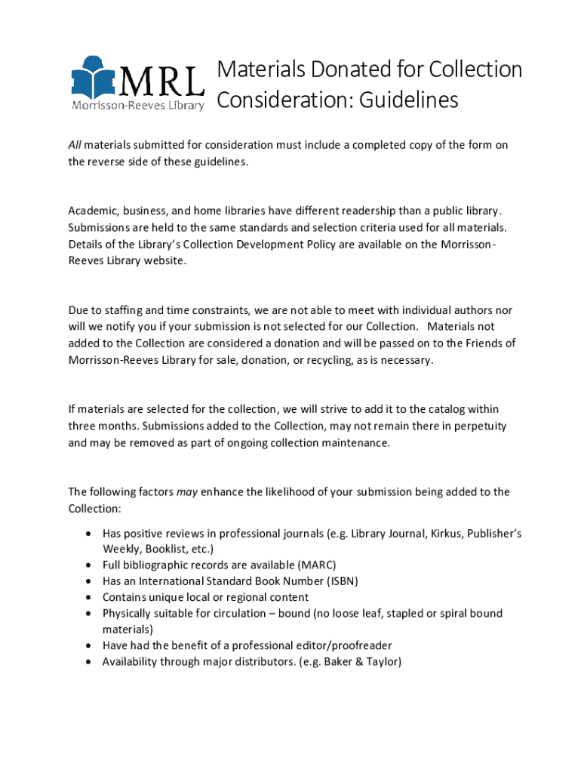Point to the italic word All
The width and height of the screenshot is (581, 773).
click(75, 145)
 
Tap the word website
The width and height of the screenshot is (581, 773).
click(161, 260)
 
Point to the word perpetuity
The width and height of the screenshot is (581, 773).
click(469, 426)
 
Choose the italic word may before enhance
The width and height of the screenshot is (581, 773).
click(186, 492)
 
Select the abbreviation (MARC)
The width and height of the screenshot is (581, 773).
click(317, 565)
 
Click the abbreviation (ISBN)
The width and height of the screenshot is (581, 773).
click(337, 581)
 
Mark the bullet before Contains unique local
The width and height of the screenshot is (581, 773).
click(88, 597)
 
